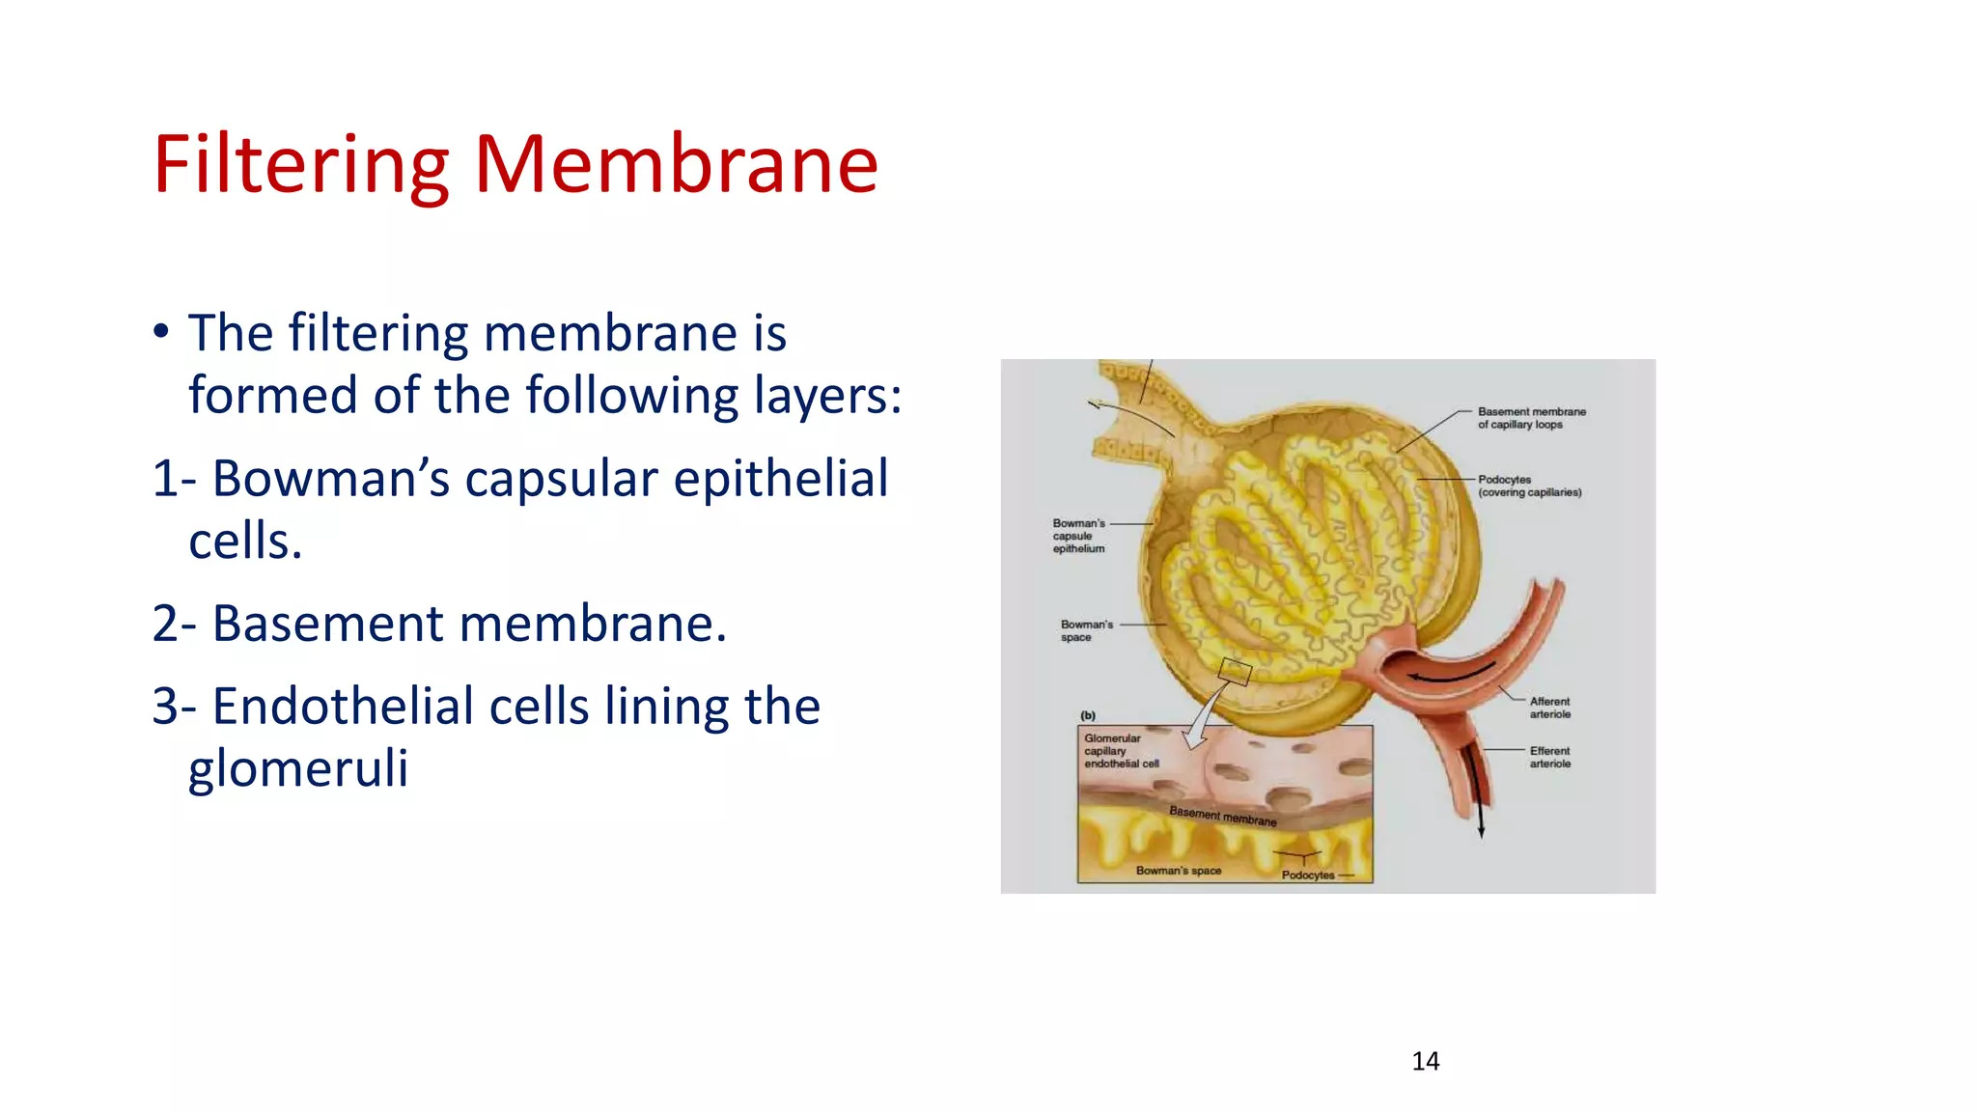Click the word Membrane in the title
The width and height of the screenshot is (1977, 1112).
pyautogui.click(x=676, y=164)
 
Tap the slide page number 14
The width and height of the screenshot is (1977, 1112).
pyautogui.click(x=1425, y=1061)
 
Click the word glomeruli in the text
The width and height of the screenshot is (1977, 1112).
pyautogui.click(x=297, y=768)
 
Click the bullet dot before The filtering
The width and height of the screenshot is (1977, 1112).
pyautogui.click(x=161, y=332)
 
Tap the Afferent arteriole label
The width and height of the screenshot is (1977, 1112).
pyautogui.click(x=1549, y=708)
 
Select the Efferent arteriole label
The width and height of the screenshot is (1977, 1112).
pyautogui.click(x=1549, y=757)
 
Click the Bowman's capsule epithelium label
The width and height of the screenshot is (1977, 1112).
pyautogui.click(x=1078, y=536)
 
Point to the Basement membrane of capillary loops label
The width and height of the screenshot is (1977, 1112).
pyautogui.click(x=1531, y=418)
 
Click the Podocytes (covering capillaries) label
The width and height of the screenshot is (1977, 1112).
pyautogui.click(x=1529, y=486)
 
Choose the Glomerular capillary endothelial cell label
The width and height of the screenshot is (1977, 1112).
pyautogui.click(x=1120, y=751)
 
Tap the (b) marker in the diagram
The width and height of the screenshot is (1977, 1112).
pyautogui.click(x=1088, y=715)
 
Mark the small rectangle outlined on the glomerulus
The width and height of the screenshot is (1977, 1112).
pyautogui.click(x=1235, y=671)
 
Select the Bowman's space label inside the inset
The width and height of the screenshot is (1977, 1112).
pyautogui.click(x=1178, y=871)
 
